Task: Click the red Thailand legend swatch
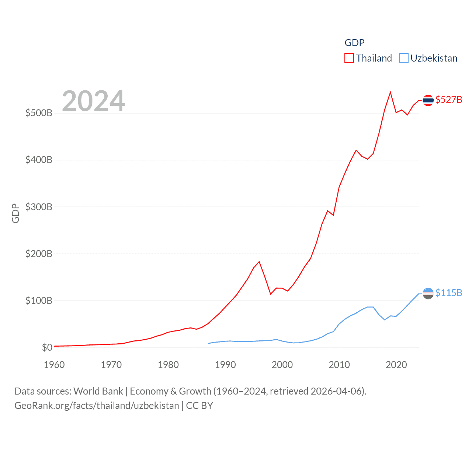click(x=349, y=58)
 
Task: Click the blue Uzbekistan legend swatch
click(x=404, y=58)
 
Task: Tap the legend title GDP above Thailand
click(x=354, y=43)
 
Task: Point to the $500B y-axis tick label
click(x=39, y=113)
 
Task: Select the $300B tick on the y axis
click(x=39, y=207)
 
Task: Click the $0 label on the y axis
click(x=47, y=347)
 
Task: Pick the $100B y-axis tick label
click(x=39, y=301)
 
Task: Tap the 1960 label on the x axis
click(x=54, y=365)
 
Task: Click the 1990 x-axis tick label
click(x=225, y=365)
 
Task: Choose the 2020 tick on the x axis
click(x=396, y=365)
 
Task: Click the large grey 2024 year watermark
click(x=93, y=101)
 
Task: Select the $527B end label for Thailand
click(x=448, y=100)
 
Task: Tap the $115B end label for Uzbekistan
click(x=448, y=293)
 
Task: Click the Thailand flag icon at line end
click(x=428, y=100)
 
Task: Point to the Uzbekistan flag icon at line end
click(x=428, y=294)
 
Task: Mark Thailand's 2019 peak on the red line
click(x=390, y=92)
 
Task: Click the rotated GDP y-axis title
click(x=15, y=213)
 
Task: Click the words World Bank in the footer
click(x=98, y=391)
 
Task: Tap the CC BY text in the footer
click(x=199, y=406)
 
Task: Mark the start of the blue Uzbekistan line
click(x=208, y=343)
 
